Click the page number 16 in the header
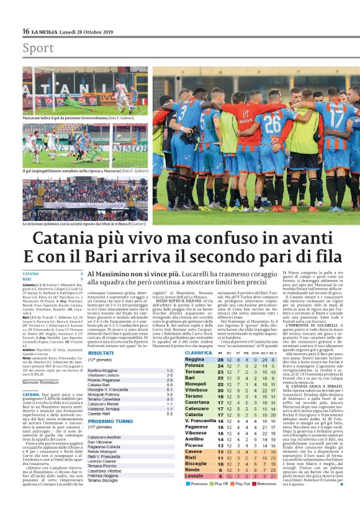pyautogui.click(x=25, y=32)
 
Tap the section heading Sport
pyautogui.click(x=38, y=48)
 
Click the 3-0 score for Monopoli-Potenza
pyautogui.click(x=169, y=394)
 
